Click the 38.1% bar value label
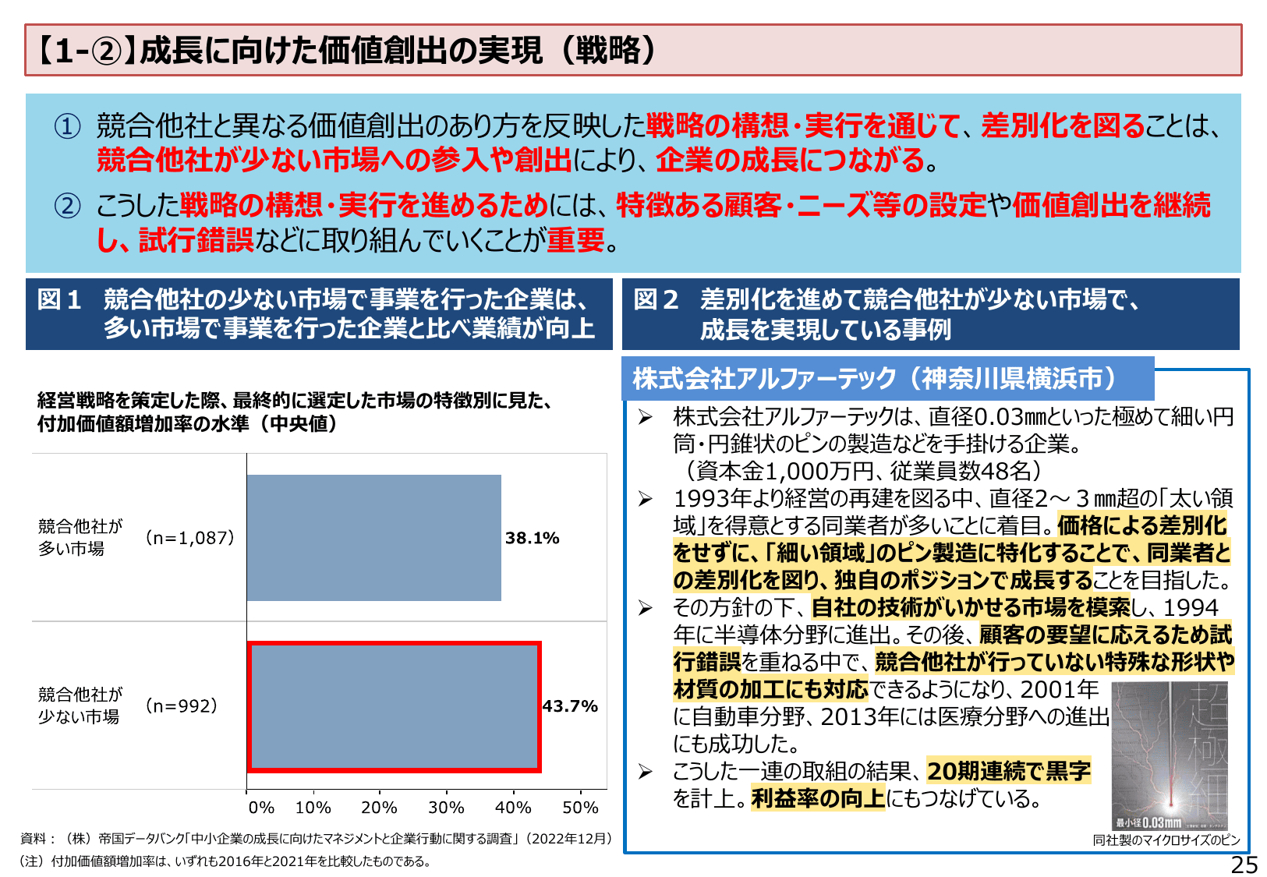[532, 538]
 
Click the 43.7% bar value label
[570, 706]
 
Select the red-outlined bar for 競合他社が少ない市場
[395, 706]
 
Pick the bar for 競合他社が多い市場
[374, 538]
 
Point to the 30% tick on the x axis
[446, 808]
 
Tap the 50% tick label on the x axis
[581, 808]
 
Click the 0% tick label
[261, 808]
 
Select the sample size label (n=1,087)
[189, 538]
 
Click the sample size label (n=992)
[181, 706]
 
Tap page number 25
[1244, 865]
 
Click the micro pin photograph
[1169, 755]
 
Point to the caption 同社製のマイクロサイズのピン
[1166, 840]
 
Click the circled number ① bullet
[67, 126]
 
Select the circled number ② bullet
[67, 206]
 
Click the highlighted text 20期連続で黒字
[1009, 771]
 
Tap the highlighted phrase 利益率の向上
[818, 798]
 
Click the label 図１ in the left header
[59, 299]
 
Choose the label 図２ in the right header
[656, 299]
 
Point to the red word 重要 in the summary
[575, 240]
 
